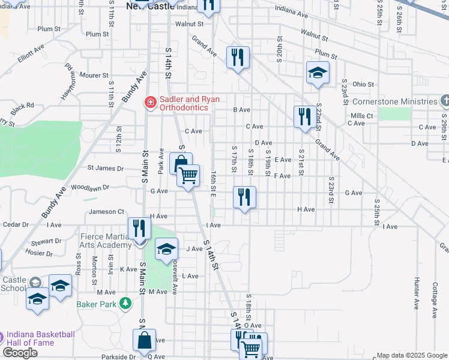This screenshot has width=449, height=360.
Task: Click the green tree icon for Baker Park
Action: pyautogui.click(x=125, y=304)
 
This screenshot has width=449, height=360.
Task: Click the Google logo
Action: pyautogui.click(x=20, y=353)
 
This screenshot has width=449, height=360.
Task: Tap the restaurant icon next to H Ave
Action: pyautogui.click(x=244, y=197)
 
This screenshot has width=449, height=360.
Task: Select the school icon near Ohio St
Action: pyautogui.click(x=318, y=73)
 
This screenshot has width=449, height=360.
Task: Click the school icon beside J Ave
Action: pyautogui.click(x=166, y=249)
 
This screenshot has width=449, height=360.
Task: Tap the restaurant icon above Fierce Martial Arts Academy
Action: pyautogui.click(x=139, y=228)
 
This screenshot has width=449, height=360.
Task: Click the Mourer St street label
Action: pyautogui.click(x=94, y=76)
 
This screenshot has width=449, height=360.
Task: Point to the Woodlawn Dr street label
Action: pyautogui.click(x=90, y=187)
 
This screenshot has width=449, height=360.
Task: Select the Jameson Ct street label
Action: pyautogui.click(x=106, y=211)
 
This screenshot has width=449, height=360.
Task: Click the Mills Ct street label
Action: pyautogui.click(x=362, y=115)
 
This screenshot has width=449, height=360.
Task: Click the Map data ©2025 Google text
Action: pyautogui.click(x=412, y=355)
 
